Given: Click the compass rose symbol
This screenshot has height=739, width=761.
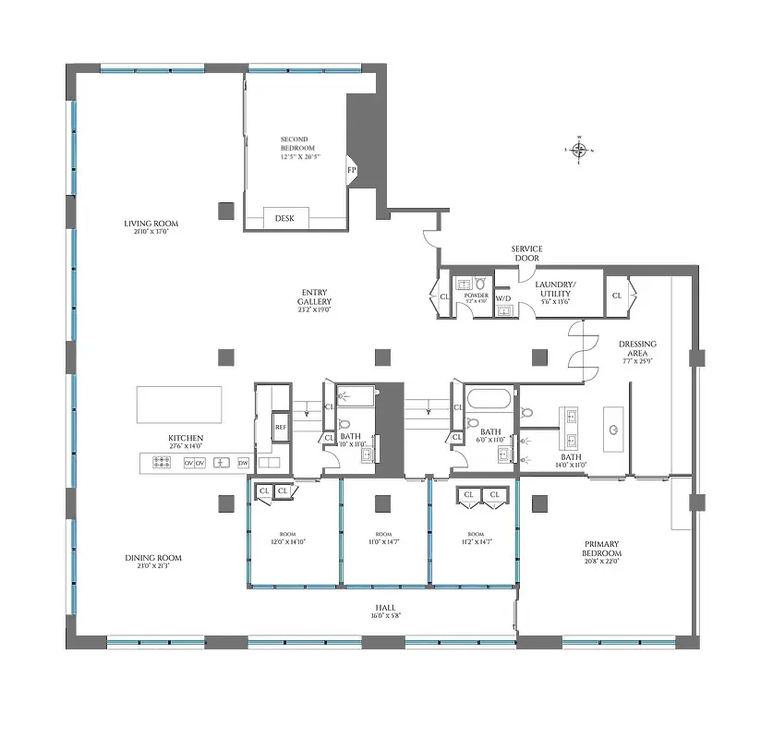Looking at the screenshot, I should coord(579,150).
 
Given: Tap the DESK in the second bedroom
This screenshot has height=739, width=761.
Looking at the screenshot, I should coord(284,218).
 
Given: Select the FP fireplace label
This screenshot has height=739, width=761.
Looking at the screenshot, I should coord(351,170).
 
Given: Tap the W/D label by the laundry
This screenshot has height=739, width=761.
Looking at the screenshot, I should coord(503,298).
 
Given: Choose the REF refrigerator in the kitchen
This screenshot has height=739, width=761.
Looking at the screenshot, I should coord(281,428).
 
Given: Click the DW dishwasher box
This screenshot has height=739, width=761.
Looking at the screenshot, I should coord(243,462).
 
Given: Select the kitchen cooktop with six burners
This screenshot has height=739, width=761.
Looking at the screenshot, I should coord(159,462).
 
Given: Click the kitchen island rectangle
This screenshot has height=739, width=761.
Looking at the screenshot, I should coord(179,405).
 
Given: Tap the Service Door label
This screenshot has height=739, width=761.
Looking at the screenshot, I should coord(526,253).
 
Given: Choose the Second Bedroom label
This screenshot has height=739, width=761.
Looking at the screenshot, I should coord(297,148).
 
